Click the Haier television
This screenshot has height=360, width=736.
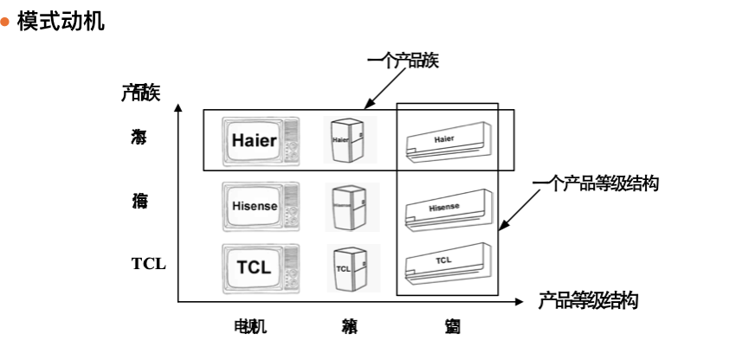point(260,141)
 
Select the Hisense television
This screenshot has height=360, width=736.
point(260,206)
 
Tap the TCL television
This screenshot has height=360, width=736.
point(260,267)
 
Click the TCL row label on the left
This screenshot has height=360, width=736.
point(148,264)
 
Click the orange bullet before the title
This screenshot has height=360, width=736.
point(5,22)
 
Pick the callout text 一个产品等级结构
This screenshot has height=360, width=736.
point(596,183)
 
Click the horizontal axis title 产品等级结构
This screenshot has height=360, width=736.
point(588,301)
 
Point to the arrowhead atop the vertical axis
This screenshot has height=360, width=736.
point(178,108)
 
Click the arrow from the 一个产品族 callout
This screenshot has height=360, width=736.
point(386,87)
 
